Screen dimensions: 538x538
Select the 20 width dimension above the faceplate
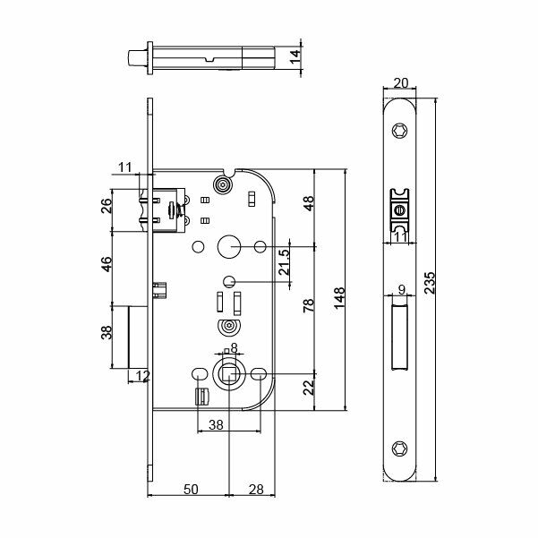[x=400, y=83]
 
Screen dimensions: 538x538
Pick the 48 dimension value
[x=308, y=202]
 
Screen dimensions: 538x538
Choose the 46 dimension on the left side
[x=106, y=264]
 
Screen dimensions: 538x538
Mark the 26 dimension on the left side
[x=106, y=205]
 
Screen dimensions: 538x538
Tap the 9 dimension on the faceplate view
[x=401, y=290]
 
